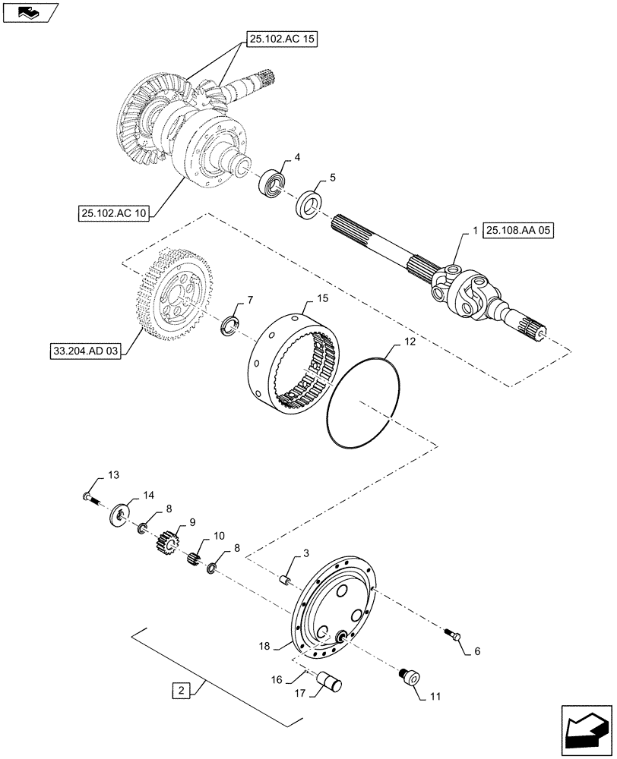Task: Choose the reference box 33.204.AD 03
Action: point(84,353)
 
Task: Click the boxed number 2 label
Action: point(180,691)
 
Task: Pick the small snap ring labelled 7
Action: point(228,326)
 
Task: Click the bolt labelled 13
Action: point(88,498)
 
